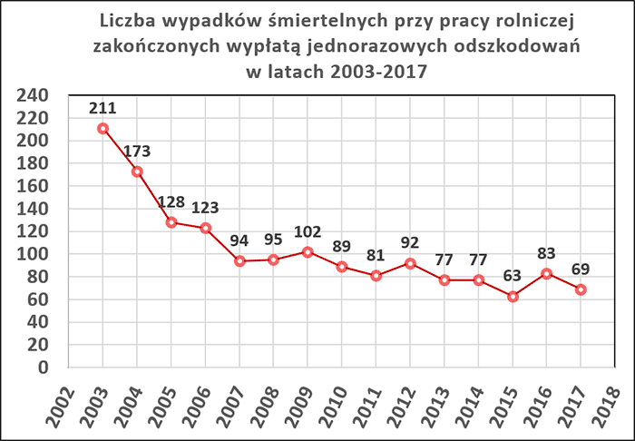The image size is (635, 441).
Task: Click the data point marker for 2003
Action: coord(103,128)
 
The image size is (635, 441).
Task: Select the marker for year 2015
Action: coord(513,296)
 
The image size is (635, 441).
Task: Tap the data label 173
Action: coord(138,149)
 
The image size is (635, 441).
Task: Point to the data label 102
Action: coord(308,230)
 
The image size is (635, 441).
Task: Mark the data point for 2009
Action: coord(308,251)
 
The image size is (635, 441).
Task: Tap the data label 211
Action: coord(103,107)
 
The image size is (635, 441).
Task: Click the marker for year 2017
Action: coord(581,289)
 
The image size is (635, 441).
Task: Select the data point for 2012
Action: coord(410,263)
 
